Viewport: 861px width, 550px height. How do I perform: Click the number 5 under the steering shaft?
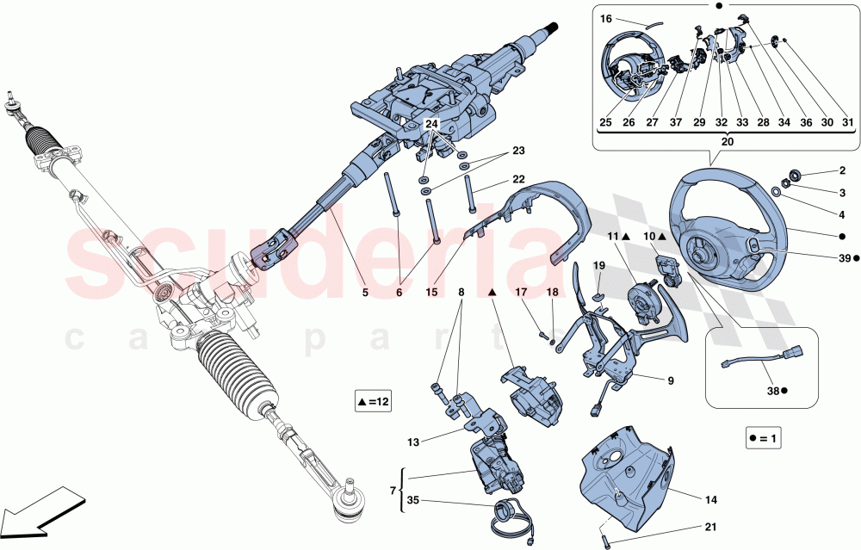tap(365, 294)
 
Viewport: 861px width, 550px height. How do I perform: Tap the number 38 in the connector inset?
tap(773, 391)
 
